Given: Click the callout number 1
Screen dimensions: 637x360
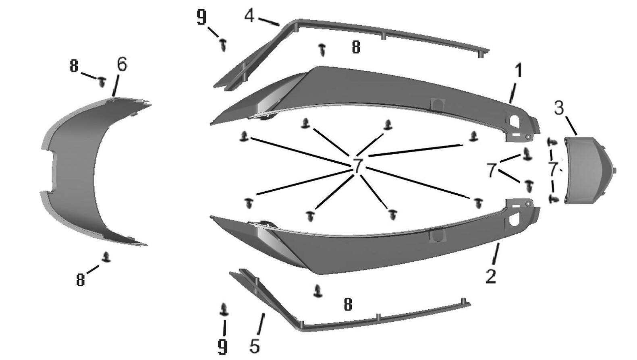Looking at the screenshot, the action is point(519,70).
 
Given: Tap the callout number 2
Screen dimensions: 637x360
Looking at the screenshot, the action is point(491,276).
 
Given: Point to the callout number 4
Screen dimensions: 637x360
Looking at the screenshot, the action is point(249,16).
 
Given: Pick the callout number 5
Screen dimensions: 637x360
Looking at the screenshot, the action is point(255,346).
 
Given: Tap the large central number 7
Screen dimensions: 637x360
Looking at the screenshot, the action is point(357,166).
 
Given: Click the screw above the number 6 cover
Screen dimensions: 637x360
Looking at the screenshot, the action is point(102,82).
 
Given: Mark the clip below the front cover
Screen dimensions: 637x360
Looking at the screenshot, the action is point(106,257).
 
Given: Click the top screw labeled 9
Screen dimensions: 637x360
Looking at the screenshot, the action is point(224,45).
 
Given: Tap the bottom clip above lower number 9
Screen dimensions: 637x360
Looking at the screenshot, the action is point(224,309).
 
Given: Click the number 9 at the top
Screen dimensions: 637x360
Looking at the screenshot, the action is point(201,17).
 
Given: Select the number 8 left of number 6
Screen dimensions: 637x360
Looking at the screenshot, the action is point(74,66).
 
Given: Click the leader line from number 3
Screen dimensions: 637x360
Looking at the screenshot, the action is point(571,125).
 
